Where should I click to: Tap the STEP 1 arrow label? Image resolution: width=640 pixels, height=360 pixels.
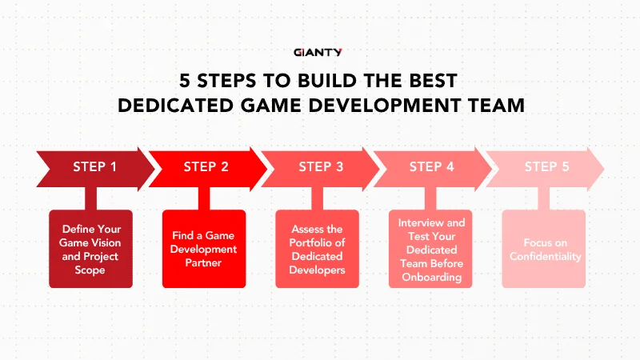[94, 167]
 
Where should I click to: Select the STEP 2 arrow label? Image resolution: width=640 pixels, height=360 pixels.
[206, 167]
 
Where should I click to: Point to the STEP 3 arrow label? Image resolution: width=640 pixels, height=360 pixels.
[321, 167]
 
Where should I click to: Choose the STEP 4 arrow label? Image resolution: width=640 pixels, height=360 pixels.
[431, 167]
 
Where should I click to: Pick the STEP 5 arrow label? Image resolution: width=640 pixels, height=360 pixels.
[546, 167]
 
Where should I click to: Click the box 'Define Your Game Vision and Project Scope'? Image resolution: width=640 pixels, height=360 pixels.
[91, 249]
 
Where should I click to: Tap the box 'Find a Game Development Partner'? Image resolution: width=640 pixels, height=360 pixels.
[204, 249]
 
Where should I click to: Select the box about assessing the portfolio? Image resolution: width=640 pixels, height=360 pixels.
[318, 249]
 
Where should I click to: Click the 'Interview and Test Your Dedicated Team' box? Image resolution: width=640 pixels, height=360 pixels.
[431, 249]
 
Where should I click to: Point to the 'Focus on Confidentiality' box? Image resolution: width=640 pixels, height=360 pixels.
[544, 249]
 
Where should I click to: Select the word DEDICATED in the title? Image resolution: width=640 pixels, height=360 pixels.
[177, 105]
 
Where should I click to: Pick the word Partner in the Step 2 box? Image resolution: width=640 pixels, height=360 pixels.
[204, 263]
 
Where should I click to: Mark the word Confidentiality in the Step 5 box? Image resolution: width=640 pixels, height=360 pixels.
[544, 257]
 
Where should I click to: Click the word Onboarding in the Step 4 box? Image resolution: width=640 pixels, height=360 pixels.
[431, 278]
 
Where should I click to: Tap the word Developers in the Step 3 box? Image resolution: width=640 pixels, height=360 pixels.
[318, 270]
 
